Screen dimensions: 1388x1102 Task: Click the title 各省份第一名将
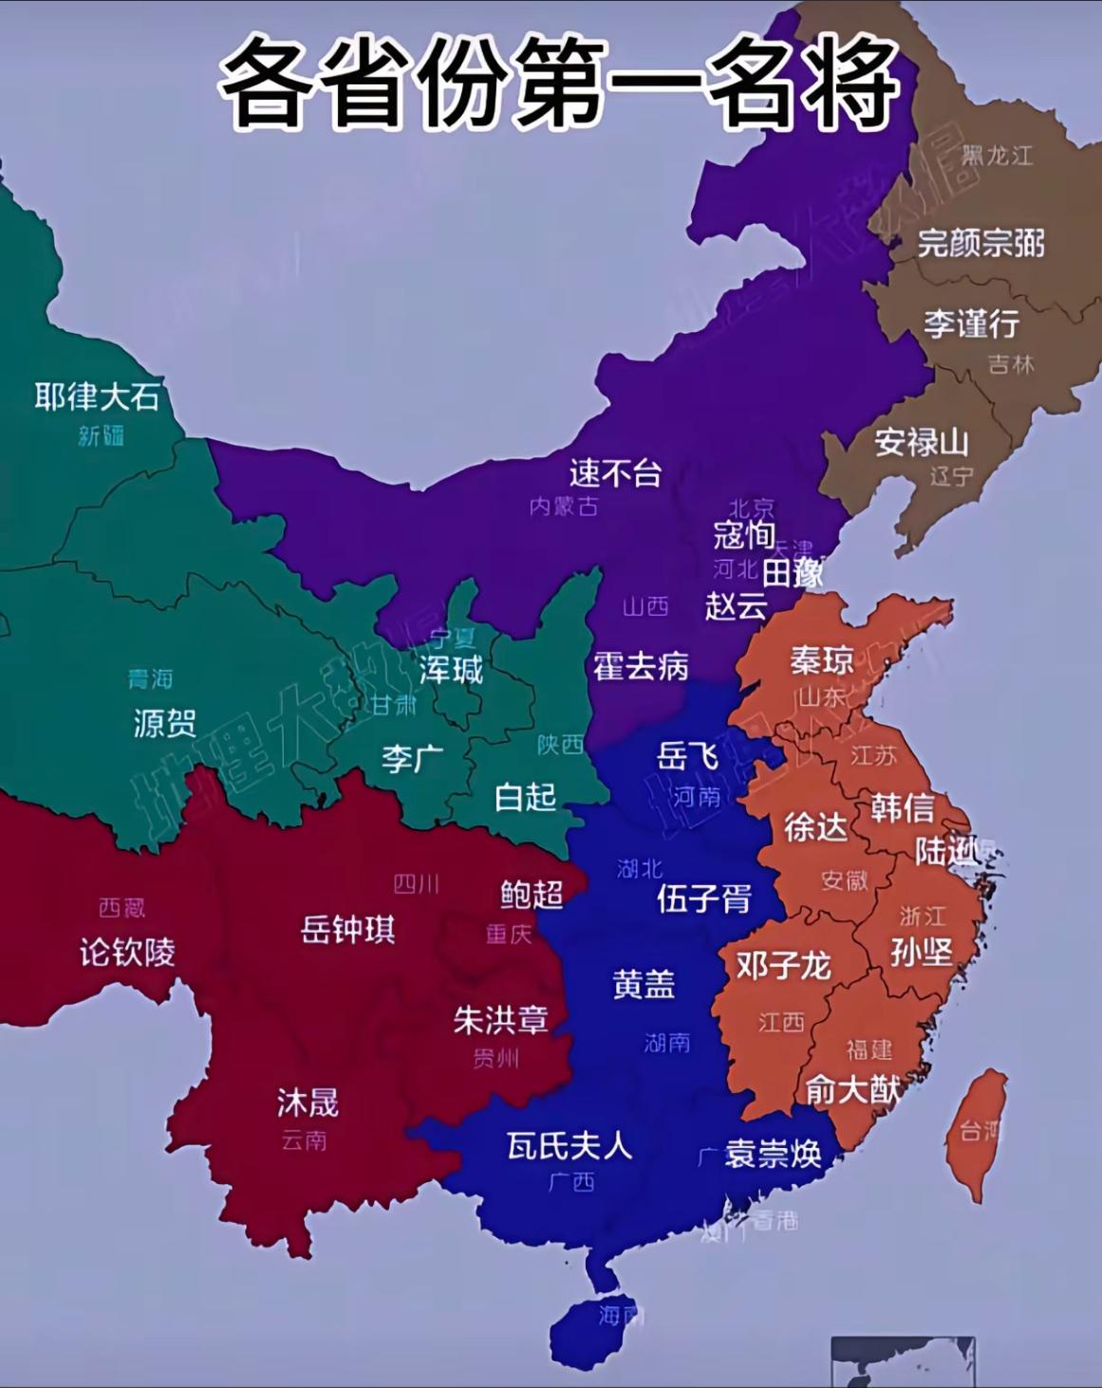560,84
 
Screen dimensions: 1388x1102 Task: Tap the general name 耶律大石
96,397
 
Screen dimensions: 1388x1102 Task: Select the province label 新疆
101,435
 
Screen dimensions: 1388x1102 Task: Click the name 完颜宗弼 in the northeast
981,244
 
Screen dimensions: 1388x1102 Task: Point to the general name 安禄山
921,442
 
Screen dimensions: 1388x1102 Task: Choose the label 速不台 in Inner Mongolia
615,472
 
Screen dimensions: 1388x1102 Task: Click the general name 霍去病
641,666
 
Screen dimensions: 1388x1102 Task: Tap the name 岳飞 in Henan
687,756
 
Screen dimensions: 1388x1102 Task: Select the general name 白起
525,797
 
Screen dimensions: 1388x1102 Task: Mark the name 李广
412,758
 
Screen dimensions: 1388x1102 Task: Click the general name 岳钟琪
347,930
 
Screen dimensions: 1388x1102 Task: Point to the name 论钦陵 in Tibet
128,952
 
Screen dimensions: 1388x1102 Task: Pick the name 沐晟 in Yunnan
307,1102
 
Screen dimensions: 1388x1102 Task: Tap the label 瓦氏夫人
569,1146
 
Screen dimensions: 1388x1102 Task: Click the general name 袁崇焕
773,1153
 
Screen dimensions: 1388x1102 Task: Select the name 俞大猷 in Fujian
852,1089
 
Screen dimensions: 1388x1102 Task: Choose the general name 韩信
902,808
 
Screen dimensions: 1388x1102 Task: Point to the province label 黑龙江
998,156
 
